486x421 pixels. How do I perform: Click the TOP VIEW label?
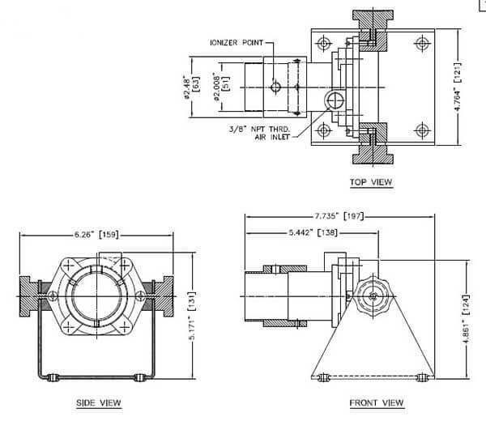(371, 182)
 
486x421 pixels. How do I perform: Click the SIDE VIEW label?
(99, 402)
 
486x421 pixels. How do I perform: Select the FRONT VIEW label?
(377, 402)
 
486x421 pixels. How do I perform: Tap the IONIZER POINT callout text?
(237, 42)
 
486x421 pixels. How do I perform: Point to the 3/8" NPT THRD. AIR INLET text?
(260, 133)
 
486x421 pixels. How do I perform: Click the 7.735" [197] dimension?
(339, 216)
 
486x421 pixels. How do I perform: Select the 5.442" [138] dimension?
(313, 232)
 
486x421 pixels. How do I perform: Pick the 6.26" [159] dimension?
(96, 235)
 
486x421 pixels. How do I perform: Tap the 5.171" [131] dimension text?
(192, 316)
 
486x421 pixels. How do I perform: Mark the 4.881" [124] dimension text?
(466, 319)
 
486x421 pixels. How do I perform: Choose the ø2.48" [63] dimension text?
(191, 87)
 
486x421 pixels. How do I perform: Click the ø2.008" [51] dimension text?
(222, 87)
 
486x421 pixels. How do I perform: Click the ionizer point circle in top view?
(275, 87)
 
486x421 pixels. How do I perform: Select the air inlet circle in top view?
(335, 100)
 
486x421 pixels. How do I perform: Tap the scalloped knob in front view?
(373, 296)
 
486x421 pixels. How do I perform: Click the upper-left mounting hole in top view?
(323, 43)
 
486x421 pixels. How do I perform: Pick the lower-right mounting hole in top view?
(421, 130)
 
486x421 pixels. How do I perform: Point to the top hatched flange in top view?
(373, 30)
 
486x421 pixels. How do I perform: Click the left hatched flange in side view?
(28, 296)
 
